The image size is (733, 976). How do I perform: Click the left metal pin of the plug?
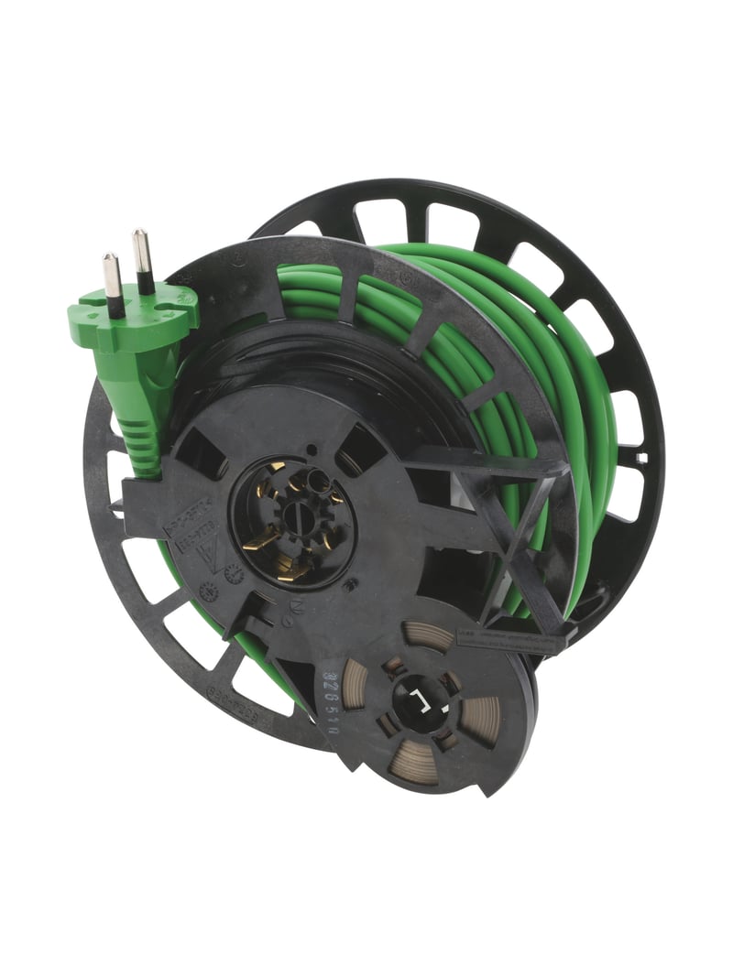point(113,282)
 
